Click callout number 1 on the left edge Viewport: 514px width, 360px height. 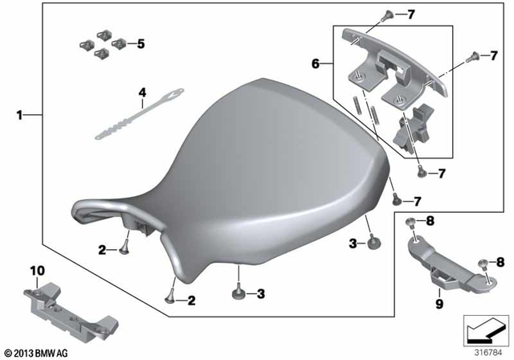tap(20, 115)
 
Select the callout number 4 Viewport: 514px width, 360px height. tap(142, 93)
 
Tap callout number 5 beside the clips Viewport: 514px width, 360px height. tap(141, 44)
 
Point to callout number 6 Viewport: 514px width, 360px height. tap(316, 63)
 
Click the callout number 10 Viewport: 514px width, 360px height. tap(35, 269)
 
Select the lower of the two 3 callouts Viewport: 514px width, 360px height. tap(261, 295)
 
